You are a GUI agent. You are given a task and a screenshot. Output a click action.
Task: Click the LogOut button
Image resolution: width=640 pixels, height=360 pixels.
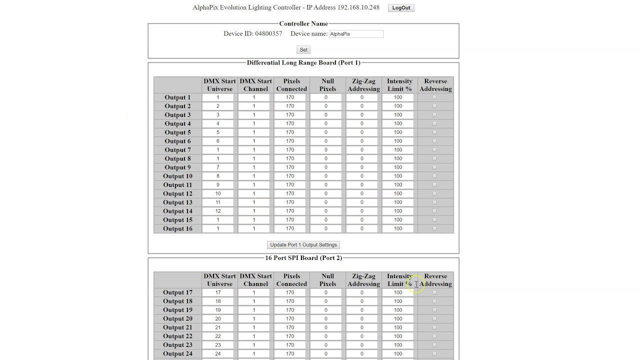pos(401,8)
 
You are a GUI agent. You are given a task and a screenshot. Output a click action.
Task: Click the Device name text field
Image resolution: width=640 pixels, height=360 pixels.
pos(356,34)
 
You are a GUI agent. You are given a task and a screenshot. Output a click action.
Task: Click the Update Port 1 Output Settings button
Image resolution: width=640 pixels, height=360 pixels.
pos(303,245)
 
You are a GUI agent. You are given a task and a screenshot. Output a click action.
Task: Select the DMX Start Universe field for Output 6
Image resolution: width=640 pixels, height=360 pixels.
pos(218,141)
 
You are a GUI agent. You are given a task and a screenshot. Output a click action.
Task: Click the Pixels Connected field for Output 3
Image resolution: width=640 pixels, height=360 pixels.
pos(290,115)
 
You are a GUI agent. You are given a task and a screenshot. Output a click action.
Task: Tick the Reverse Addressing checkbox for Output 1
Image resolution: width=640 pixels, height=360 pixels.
pos(434,97)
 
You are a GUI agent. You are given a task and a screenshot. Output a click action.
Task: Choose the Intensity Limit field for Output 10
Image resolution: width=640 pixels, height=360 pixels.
pos(398,176)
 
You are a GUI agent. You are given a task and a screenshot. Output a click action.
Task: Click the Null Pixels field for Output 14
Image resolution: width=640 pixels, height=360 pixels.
pos(326,211)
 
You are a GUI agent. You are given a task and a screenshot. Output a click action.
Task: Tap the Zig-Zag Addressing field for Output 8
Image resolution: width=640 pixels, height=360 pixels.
pos(362,158)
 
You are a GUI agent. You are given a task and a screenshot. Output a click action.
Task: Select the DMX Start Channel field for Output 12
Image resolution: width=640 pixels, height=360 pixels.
pos(254,193)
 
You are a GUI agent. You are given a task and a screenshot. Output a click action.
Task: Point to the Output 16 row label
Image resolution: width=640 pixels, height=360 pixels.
pos(177,228)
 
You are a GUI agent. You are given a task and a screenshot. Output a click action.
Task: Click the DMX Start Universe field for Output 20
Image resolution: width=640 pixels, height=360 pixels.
pos(218,318)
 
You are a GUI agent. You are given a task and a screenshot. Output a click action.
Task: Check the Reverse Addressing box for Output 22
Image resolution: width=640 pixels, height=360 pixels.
pos(434,336)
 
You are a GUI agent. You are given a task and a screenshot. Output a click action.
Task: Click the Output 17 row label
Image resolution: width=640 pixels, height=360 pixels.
pos(177,292)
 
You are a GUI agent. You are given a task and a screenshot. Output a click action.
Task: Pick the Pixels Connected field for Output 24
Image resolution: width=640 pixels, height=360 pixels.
pos(290,353)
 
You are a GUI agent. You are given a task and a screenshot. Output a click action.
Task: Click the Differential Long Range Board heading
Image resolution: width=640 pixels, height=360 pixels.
pos(303,62)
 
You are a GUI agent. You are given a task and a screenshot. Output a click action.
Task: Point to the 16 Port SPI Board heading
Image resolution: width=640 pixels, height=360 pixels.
pos(303,258)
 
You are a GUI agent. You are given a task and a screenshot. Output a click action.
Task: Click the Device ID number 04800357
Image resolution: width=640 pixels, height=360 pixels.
pos(268,34)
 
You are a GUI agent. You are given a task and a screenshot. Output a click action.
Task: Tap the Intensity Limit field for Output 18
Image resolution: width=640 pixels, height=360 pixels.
pos(398,301)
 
